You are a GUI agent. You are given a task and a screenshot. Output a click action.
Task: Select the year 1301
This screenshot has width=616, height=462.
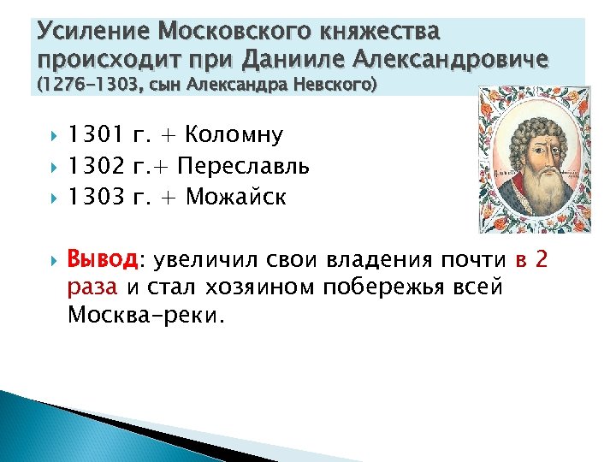pos(96,134)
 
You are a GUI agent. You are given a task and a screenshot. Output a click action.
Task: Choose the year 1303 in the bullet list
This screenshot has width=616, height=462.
pos(96,198)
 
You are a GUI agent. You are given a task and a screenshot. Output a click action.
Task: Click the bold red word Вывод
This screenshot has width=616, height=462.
pos(102,259)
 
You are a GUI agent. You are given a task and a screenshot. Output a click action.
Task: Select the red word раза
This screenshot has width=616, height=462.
pos(92,287)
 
